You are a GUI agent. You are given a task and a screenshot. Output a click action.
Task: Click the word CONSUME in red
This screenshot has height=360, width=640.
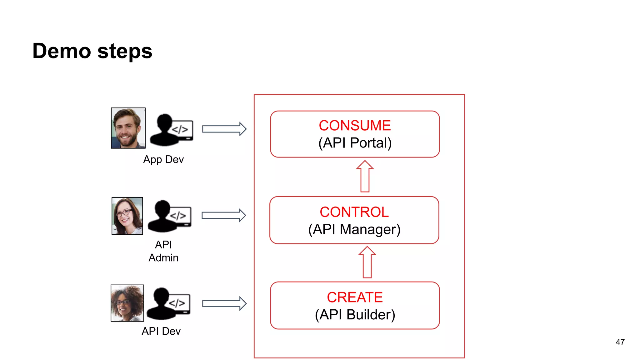[x=355, y=126]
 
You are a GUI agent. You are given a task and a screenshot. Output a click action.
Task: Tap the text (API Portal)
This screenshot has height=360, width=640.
[x=355, y=143]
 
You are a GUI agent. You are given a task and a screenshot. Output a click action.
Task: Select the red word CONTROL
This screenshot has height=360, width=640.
[x=354, y=212]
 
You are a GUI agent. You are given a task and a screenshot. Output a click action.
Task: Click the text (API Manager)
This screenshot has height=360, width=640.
[x=354, y=230]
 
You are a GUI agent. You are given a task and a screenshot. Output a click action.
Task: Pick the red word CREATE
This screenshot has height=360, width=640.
[x=355, y=297]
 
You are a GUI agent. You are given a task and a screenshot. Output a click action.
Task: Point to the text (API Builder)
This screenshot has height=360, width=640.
[x=355, y=315]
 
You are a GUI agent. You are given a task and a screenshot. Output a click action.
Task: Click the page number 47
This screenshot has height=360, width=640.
[x=620, y=342]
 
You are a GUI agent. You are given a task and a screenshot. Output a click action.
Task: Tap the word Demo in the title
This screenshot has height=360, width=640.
[x=62, y=51]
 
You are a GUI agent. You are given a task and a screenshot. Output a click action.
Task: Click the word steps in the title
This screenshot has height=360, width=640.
[x=125, y=52]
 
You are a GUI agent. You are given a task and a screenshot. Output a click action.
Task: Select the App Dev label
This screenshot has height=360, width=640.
[x=163, y=160]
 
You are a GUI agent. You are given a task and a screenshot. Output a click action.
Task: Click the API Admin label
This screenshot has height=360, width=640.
[x=163, y=251]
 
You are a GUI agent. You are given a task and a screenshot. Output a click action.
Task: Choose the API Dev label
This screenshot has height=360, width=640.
[x=161, y=331]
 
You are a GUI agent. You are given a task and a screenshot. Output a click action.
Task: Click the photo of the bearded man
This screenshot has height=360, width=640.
[x=128, y=128]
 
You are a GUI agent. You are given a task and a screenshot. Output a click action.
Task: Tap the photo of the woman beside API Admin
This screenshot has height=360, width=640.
[x=127, y=216]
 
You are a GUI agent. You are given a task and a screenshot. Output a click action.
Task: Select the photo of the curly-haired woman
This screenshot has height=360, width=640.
[x=127, y=303]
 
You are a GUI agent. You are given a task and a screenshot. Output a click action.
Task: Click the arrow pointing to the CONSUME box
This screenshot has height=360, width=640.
[x=224, y=129]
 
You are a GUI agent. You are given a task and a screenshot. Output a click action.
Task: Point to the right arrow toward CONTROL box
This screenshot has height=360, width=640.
[x=223, y=215]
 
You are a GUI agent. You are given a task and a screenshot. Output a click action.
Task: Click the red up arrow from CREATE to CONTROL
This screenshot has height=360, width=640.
[x=367, y=262]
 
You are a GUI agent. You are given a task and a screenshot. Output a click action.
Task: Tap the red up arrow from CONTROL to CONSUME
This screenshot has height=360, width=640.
[x=365, y=176]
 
